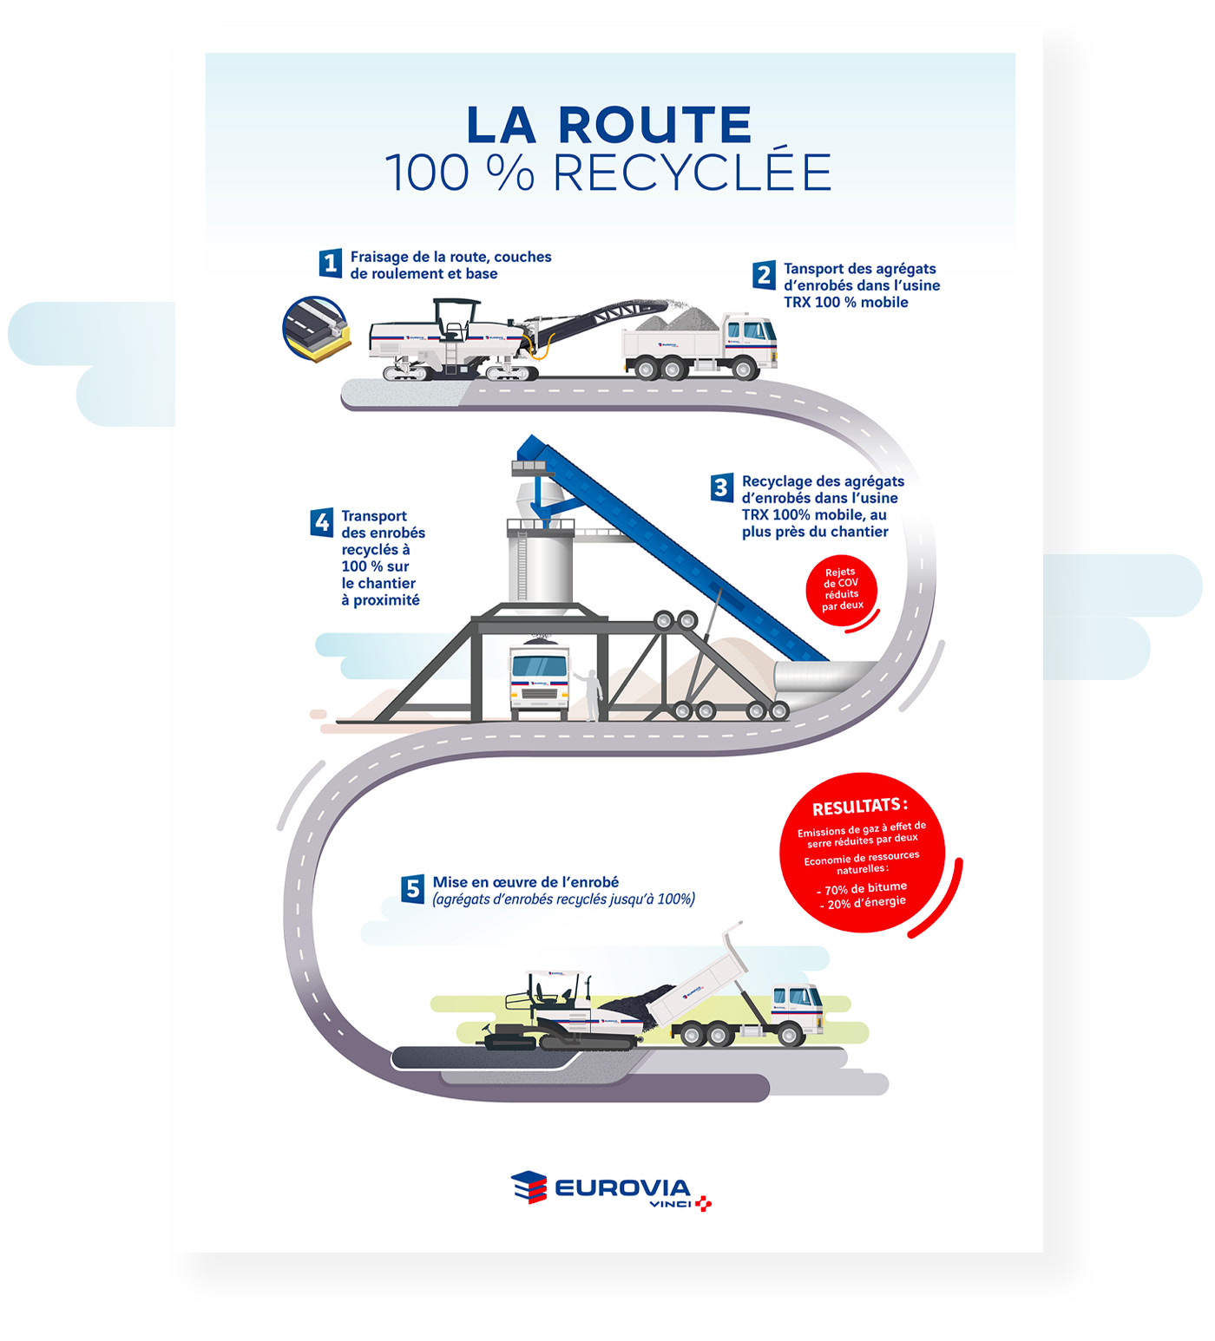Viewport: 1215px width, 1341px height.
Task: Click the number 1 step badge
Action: point(330,263)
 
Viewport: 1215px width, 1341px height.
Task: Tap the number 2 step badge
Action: point(764,275)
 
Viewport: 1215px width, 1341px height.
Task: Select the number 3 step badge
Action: point(721,487)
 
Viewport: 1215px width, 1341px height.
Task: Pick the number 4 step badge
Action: point(322,522)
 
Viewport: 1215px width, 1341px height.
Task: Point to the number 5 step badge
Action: point(413,889)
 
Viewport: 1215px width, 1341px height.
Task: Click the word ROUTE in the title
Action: point(654,126)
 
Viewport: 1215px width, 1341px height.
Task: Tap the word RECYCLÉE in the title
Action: point(693,173)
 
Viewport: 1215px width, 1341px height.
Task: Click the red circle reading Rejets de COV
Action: point(841,589)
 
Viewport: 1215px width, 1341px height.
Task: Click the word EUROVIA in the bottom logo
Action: point(622,1187)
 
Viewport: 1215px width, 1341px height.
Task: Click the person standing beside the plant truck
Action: point(592,695)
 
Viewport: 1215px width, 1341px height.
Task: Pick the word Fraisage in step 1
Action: point(378,257)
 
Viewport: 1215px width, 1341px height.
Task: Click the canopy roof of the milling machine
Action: point(456,303)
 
